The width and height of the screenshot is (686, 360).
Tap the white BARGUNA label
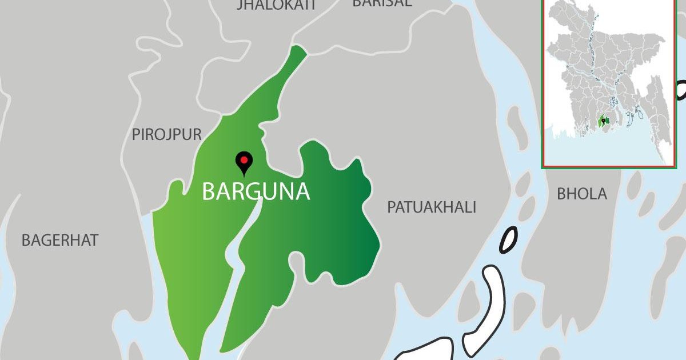coord(256,192)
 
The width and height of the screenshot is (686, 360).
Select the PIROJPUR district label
coord(166,135)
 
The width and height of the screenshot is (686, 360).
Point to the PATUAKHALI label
coord(432,207)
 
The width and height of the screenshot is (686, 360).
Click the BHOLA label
coord(581,194)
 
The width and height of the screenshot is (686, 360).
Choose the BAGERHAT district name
coord(60,241)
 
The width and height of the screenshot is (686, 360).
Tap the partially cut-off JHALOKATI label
coord(268,6)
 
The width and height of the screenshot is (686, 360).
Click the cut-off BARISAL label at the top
coord(382,3)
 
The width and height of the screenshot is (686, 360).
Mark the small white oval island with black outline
coord(508,240)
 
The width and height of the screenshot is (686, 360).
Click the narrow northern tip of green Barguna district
coord(297,54)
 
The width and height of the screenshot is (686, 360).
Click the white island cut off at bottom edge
coord(423,350)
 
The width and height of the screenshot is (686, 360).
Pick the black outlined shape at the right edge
coord(681,90)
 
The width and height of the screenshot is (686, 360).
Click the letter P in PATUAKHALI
coord(392,207)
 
